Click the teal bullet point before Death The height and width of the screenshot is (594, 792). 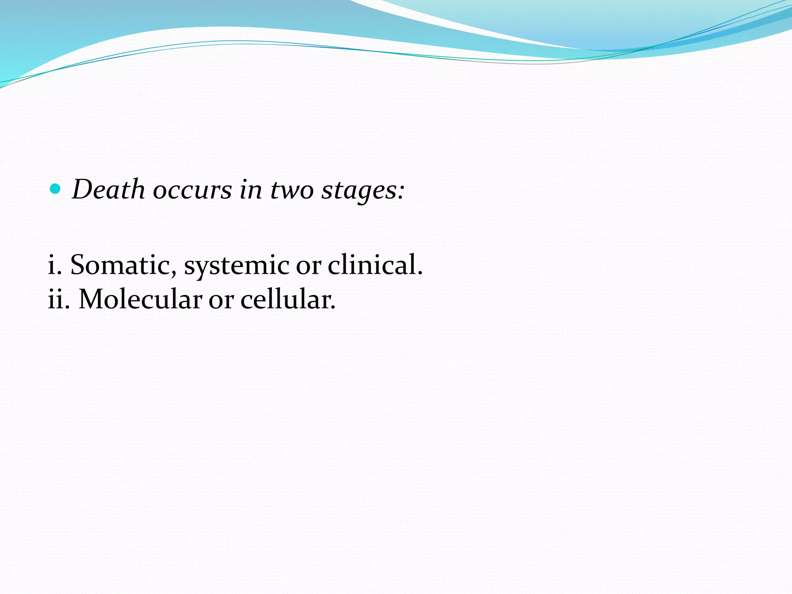click(x=56, y=189)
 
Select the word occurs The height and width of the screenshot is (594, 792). click(x=192, y=190)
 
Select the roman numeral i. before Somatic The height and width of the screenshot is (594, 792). click(x=55, y=265)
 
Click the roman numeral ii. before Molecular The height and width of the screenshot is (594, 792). click(x=59, y=300)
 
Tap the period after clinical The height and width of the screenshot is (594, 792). click(x=420, y=273)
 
